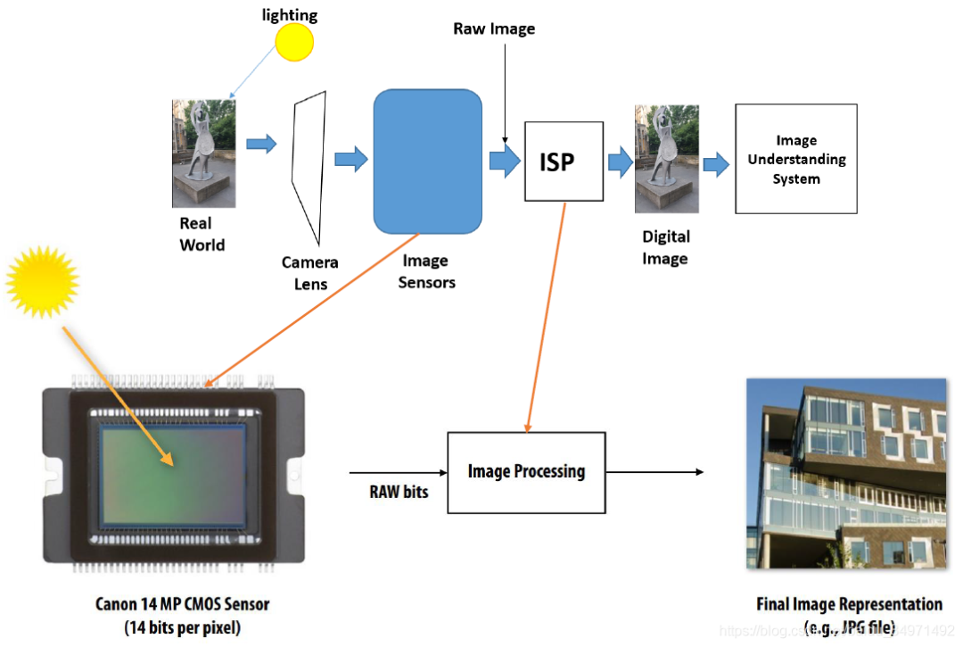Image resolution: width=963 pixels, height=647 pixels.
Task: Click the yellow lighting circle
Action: [294, 42]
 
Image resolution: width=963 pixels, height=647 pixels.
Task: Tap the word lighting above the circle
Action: [289, 14]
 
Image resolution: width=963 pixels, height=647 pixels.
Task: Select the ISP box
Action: [564, 162]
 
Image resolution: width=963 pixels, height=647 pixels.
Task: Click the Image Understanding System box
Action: [795, 159]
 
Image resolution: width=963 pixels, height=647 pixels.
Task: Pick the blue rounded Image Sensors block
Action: [427, 161]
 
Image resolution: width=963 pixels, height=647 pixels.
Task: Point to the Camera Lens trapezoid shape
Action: [306, 170]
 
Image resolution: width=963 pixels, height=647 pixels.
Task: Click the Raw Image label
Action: [494, 29]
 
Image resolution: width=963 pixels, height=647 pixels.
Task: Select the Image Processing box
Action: [526, 471]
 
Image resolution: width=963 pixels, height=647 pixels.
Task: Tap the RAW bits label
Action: [399, 492]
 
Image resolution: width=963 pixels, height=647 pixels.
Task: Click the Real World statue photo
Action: [203, 153]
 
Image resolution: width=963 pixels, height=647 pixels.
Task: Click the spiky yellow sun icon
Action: [42, 282]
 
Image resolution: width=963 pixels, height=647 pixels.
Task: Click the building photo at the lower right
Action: [845, 473]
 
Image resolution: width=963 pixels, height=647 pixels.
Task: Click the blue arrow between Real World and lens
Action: [261, 144]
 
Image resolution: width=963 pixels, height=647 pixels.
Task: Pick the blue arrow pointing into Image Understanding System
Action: [715, 164]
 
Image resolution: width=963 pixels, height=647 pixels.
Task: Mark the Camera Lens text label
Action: [310, 273]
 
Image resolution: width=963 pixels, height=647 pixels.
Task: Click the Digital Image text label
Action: [665, 247]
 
